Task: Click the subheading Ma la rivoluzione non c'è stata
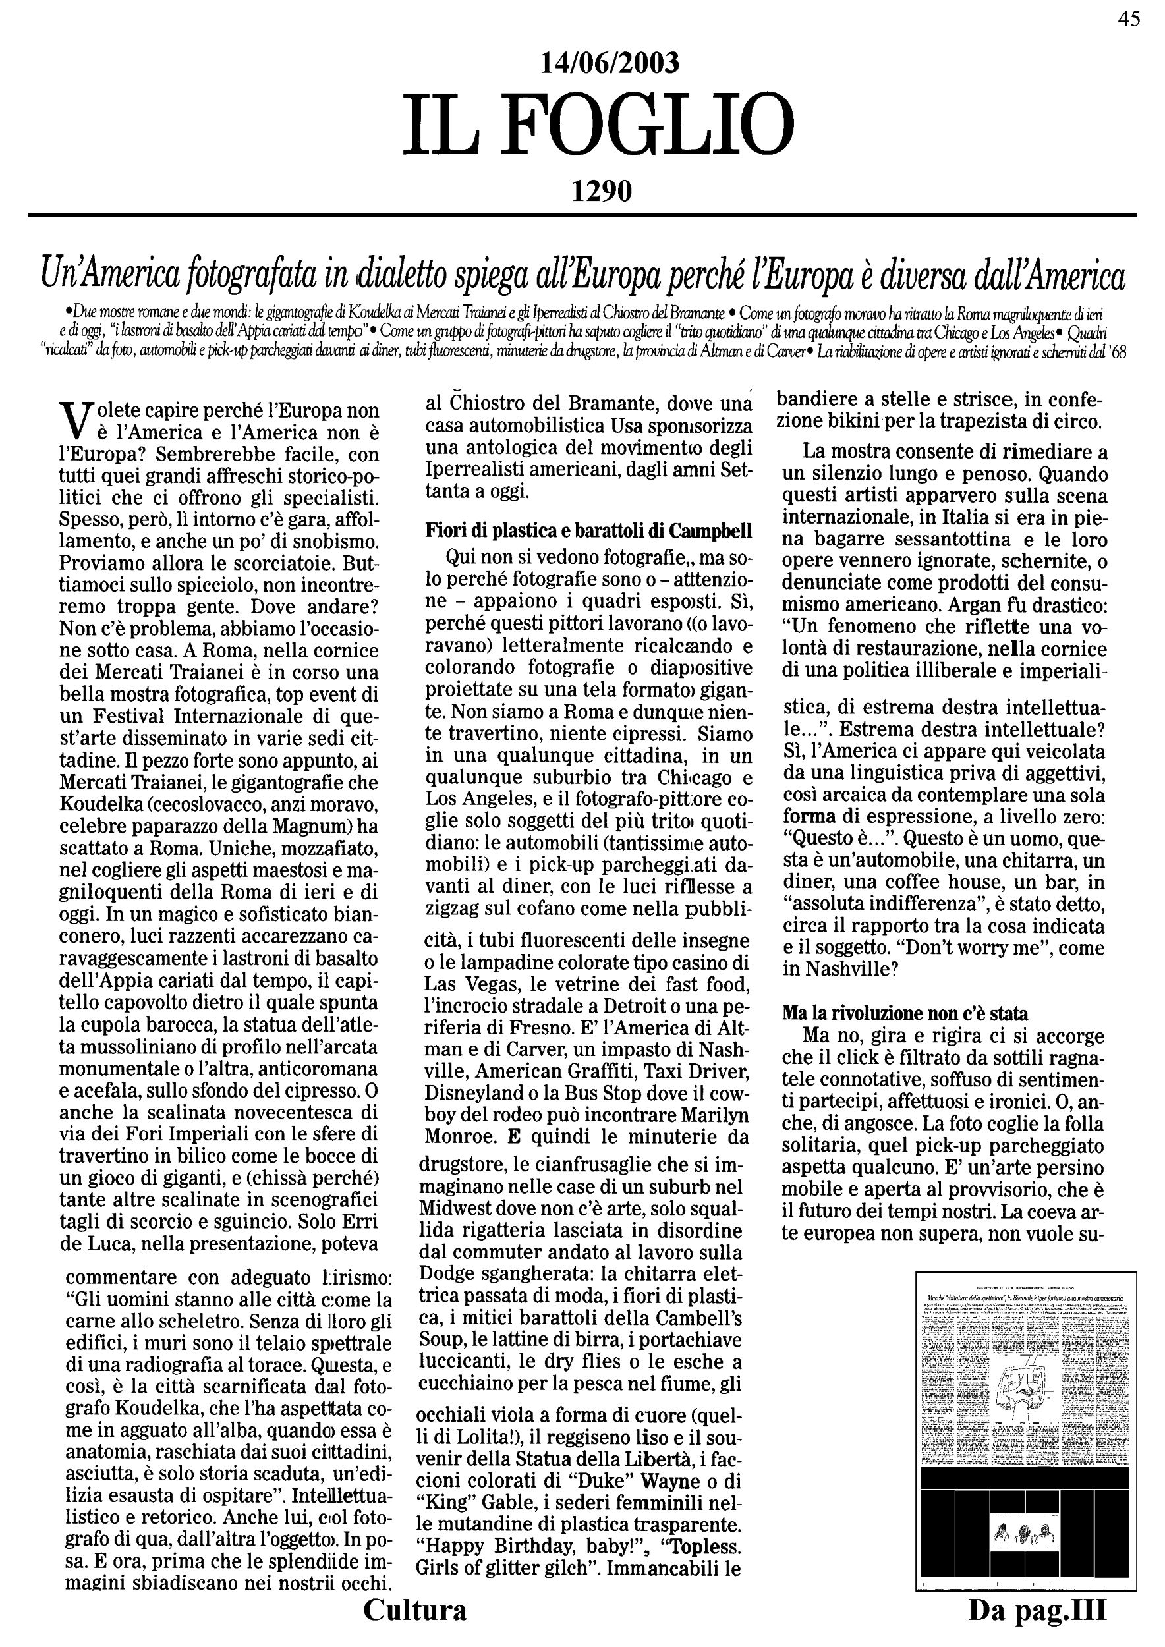tap(904, 1014)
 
